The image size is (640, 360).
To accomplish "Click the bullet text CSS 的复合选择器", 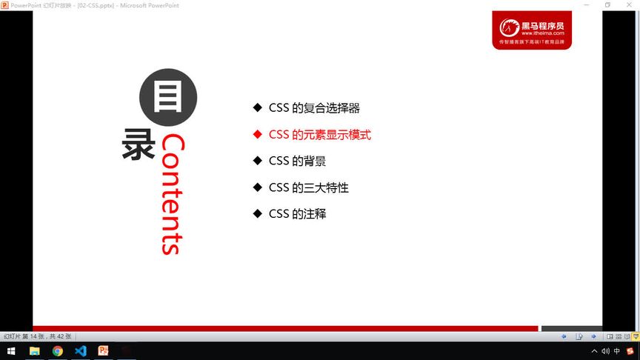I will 314,108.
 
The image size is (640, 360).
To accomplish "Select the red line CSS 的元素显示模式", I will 319,135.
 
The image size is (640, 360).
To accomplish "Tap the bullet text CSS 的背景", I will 297,161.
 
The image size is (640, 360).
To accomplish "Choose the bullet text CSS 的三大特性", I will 308,187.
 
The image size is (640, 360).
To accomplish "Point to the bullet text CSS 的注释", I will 297,214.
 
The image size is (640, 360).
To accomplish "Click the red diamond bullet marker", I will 257,135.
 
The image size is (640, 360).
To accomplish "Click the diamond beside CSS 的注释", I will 257,214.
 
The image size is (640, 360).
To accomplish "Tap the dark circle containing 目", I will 168,97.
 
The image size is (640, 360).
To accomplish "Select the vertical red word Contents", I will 171,194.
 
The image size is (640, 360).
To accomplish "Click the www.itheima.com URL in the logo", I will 543,33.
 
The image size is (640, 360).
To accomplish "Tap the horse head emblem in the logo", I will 509,29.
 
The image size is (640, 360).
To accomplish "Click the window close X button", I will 629,4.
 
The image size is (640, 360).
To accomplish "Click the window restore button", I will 607,4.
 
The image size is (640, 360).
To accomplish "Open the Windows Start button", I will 11,351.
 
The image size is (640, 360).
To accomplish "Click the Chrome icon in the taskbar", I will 57,351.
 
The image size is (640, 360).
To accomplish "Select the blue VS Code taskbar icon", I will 81,351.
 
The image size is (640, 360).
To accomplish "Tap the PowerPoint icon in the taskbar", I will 104,351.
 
